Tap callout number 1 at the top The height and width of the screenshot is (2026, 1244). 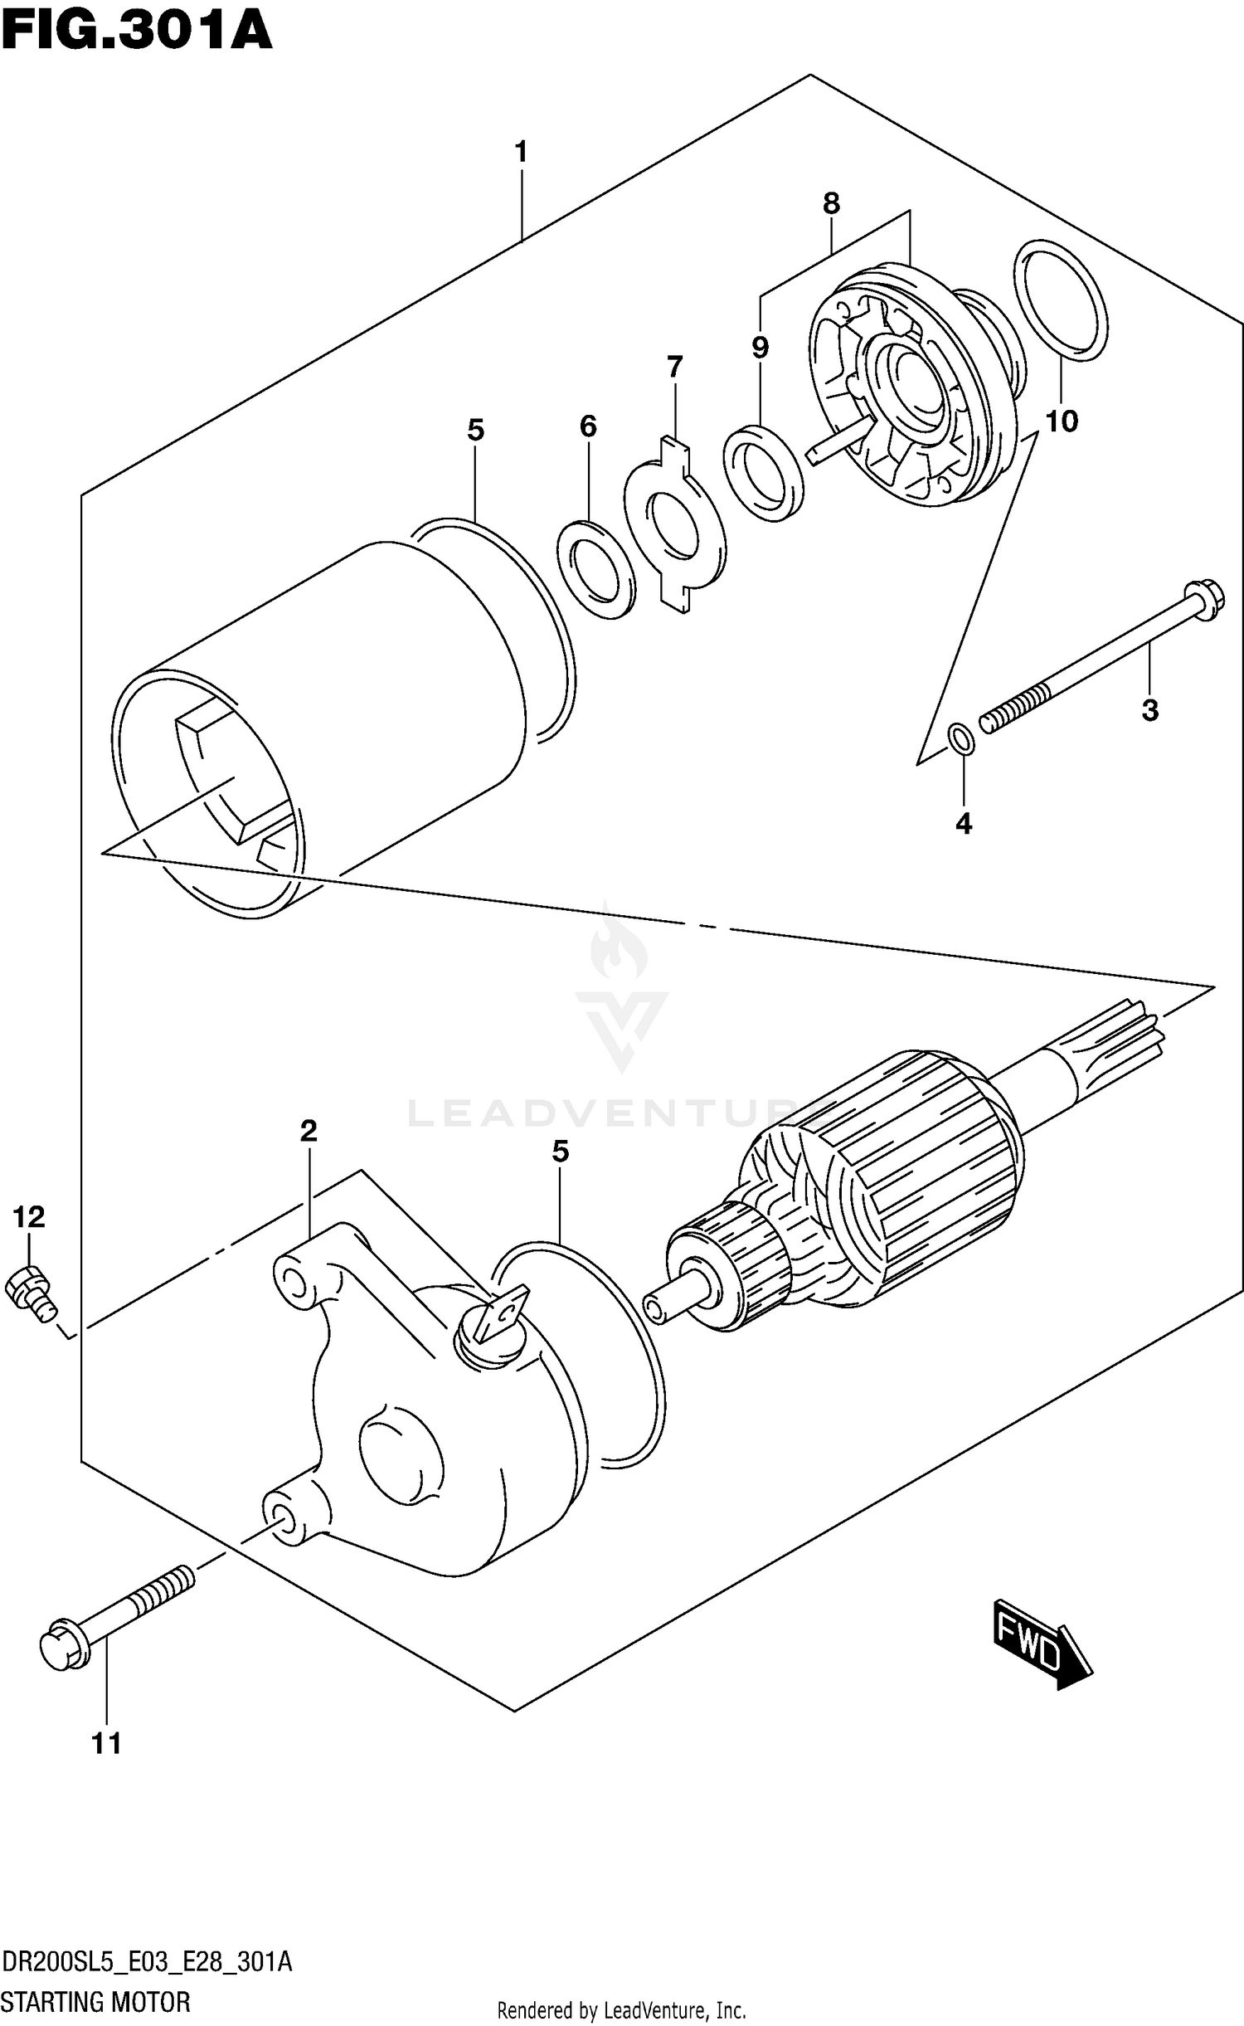click(x=521, y=153)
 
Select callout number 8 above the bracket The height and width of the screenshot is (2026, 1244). click(x=831, y=203)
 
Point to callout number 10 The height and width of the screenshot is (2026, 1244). click(x=1061, y=421)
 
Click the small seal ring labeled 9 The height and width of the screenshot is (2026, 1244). click(x=763, y=473)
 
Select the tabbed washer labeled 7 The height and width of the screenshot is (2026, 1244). click(x=674, y=526)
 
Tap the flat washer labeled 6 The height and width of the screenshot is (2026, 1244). click(x=595, y=570)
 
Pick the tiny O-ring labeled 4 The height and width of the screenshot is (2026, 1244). click(x=961, y=738)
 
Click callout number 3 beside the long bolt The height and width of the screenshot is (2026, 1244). click(x=1149, y=710)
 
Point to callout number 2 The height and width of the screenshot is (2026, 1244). click(x=309, y=1131)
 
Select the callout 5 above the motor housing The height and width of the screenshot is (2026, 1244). click(x=475, y=431)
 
